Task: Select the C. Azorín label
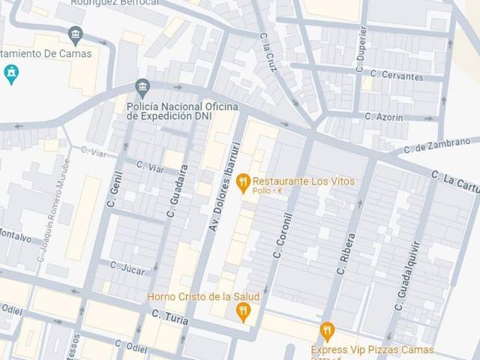[383, 117]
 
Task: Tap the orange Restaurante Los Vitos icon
[242, 181]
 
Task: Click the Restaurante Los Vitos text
[303, 181]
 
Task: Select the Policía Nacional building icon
[142, 88]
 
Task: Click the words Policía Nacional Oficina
[182, 107]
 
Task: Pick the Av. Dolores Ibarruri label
[224, 185]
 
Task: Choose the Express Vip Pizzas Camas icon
[326, 331]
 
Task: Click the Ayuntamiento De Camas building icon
[74, 34]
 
